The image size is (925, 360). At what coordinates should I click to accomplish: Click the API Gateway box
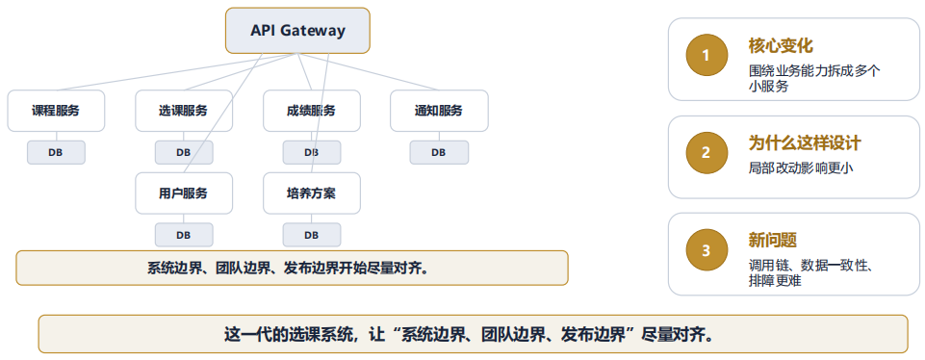tap(297, 31)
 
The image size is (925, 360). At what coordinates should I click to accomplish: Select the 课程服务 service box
tap(56, 111)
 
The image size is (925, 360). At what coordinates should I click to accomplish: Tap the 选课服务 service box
tap(184, 111)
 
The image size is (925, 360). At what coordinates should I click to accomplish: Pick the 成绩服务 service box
tap(312, 111)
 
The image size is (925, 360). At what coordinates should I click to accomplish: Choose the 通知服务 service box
tap(439, 111)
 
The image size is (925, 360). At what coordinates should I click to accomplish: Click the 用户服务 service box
tap(184, 193)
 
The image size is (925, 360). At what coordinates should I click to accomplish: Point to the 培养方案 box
tap(312, 193)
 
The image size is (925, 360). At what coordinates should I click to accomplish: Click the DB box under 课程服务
tap(56, 152)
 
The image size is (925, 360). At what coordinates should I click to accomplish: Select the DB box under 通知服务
tap(439, 152)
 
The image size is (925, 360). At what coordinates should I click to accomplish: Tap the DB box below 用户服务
tap(184, 235)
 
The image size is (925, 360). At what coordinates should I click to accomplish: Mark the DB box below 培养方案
tap(312, 235)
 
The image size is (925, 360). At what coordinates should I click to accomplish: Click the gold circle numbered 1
tap(707, 56)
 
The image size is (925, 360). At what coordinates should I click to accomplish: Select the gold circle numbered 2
tap(707, 153)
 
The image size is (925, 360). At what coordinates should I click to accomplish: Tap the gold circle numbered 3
tap(707, 250)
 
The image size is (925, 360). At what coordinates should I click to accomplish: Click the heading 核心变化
tap(781, 46)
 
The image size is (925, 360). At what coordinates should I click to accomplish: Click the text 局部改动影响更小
tap(801, 168)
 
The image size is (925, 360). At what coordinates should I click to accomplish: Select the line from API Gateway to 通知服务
tap(368, 72)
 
